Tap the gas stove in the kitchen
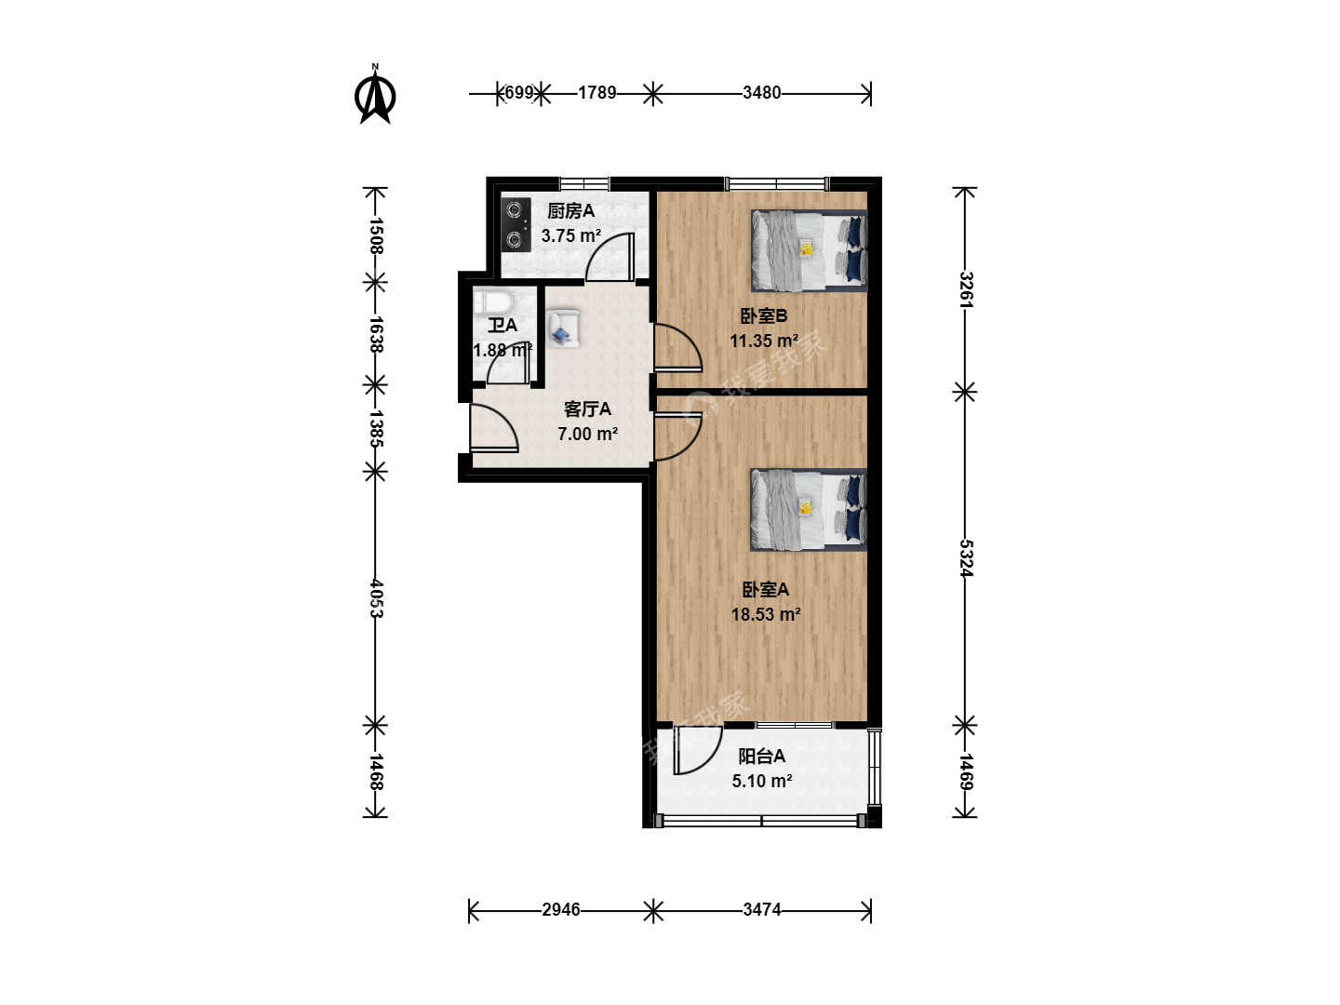point(516,224)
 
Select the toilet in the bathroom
point(492,301)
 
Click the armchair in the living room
point(562,328)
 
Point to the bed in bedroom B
point(809,250)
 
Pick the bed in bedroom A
point(809,510)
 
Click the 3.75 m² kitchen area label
point(570,235)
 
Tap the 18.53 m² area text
point(766,614)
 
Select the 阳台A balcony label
point(761,756)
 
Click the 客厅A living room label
point(586,409)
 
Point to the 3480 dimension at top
point(761,93)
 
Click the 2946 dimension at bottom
point(560,910)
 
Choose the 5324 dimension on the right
point(966,557)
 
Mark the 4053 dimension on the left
point(376,598)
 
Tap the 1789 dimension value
point(596,93)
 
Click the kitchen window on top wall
point(584,183)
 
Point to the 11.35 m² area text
point(764,341)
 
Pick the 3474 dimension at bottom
point(761,910)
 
